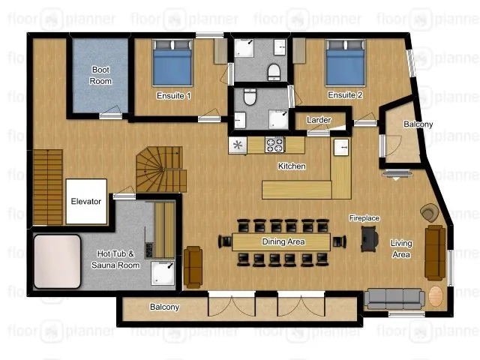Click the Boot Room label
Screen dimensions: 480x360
[100, 75]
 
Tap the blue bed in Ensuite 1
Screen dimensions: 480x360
[172, 63]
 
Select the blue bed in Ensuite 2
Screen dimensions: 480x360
[346, 62]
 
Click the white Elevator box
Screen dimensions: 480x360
[86, 202]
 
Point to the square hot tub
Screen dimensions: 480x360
[57, 262]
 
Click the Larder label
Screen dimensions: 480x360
[319, 120]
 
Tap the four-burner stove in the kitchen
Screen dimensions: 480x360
[274, 145]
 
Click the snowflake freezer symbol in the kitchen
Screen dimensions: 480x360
[238, 145]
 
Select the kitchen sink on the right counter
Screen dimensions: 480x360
[341, 147]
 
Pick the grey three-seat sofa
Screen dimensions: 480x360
[394, 298]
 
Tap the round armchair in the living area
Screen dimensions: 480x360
[429, 212]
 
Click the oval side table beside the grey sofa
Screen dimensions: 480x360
[436, 296]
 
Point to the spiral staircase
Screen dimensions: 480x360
[161, 169]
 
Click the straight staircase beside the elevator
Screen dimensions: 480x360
[48, 187]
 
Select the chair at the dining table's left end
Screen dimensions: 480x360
[225, 241]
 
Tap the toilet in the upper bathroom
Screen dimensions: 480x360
[274, 72]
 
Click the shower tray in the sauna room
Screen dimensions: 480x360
[163, 273]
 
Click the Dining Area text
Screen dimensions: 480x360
[283, 241]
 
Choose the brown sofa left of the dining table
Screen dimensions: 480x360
[193, 267]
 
